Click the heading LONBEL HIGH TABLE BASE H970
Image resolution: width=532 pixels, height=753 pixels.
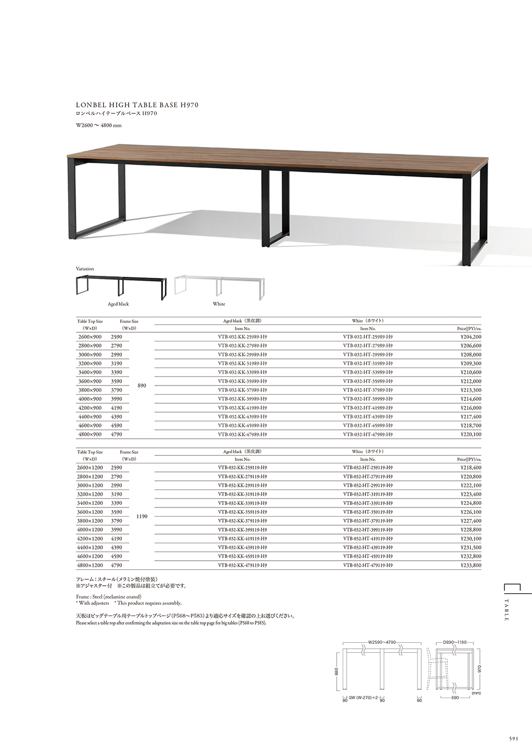pyautogui.click(x=138, y=105)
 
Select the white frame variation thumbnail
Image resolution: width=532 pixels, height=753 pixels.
pyautogui.click(x=219, y=287)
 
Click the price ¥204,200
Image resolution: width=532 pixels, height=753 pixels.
pyautogui.click(x=470, y=337)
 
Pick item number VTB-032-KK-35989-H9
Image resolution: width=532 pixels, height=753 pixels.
pyautogui.click(x=243, y=381)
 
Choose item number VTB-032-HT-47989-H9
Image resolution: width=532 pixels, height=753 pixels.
pyautogui.click(x=368, y=435)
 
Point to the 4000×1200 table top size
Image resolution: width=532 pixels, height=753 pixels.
pyautogui.click(x=90, y=530)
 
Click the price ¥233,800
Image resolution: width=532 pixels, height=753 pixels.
pyautogui.click(x=470, y=565)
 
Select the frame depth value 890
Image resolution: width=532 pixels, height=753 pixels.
pyautogui.click(x=142, y=386)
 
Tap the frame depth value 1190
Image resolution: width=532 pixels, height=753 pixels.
pyautogui.click(x=142, y=517)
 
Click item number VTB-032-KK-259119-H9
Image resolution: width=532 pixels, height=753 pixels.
pyautogui.click(x=243, y=468)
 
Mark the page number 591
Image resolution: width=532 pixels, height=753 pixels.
pyautogui.click(x=513, y=739)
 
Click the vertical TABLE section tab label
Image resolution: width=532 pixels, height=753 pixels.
pyautogui.click(x=506, y=610)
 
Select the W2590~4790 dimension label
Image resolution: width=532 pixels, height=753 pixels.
pyautogui.click(x=382, y=642)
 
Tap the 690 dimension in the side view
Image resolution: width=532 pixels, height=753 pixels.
pyautogui.click(x=455, y=697)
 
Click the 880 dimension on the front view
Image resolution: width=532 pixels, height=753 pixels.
pyautogui.click(x=336, y=672)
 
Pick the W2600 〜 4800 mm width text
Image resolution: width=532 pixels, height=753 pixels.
pyautogui.click(x=99, y=126)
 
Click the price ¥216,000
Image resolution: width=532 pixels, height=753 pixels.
pyautogui.click(x=470, y=408)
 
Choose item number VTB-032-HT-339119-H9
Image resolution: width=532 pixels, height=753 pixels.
pyautogui.click(x=368, y=503)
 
